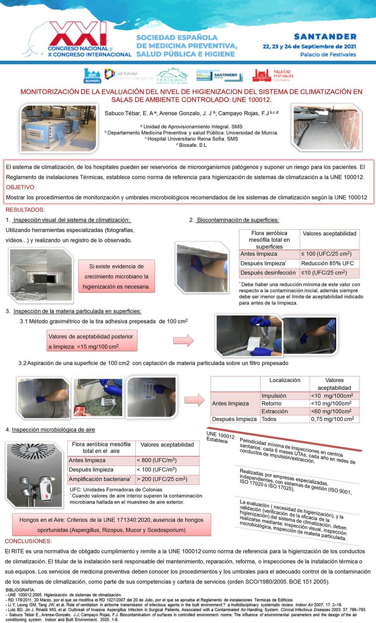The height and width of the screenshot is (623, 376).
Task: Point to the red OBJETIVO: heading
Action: click(21, 187)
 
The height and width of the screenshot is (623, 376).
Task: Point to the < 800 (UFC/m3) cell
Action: click(167, 460)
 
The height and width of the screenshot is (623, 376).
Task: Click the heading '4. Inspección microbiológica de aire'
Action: click(50, 430)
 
